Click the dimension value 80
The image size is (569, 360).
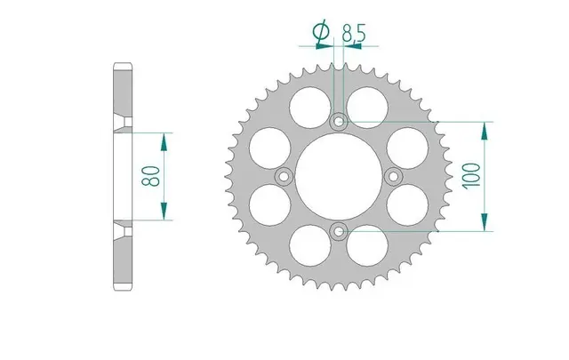[x=150, y=176]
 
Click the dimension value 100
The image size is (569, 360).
[x=470, y=176]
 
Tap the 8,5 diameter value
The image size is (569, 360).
[x=354, y=34]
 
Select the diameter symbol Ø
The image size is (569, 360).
[x=321, y=32]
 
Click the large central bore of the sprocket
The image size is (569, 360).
[x=339, y=177]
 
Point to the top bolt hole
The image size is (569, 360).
[x=339, y=121]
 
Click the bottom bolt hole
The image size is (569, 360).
[x=339, y=231]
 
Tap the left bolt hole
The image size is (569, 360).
[x=284, y=177]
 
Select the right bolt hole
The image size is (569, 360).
[x=394, y=177]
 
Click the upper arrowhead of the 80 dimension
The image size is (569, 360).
[x=164, y=142]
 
